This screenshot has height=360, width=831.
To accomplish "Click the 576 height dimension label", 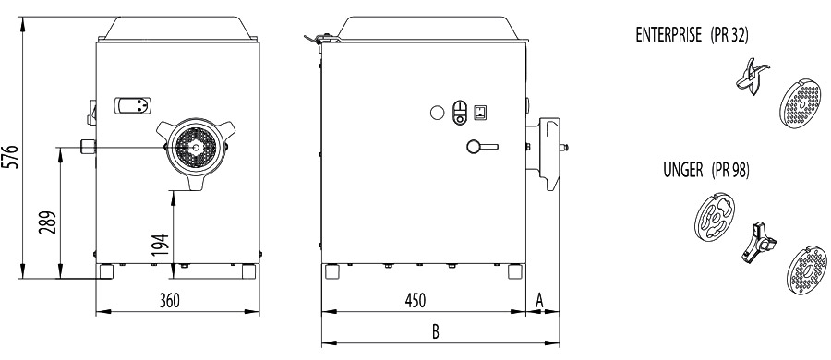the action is tap(13, 156).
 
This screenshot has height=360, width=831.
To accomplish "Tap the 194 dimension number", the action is tap(163, 246).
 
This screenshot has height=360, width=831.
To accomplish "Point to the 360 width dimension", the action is tap(170, 300).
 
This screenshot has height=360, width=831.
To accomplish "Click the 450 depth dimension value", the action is tap(415, 300).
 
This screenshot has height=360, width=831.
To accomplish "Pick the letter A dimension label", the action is tap(539, 301).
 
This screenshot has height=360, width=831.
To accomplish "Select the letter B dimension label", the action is tap(435, 332).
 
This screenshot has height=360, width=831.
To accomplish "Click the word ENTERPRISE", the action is tap(668, 35).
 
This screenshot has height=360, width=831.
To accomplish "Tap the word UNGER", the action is tap(683, 170).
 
